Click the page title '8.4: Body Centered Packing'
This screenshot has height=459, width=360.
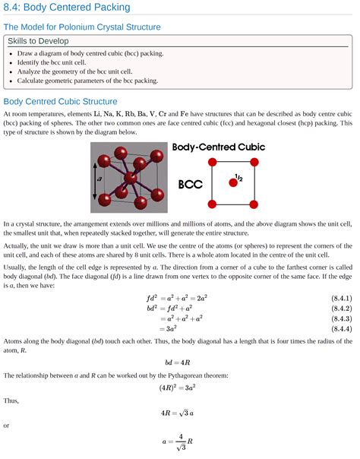[x=67, y=8]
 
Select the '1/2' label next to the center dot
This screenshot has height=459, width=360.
[x=239, y=178]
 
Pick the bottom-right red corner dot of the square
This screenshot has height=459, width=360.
[x=254, y=204]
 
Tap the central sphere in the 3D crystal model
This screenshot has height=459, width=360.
[x=131, y=179]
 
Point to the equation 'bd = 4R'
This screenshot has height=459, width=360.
[x=179, y=362]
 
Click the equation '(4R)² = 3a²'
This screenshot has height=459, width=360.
[x=179, y=388]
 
